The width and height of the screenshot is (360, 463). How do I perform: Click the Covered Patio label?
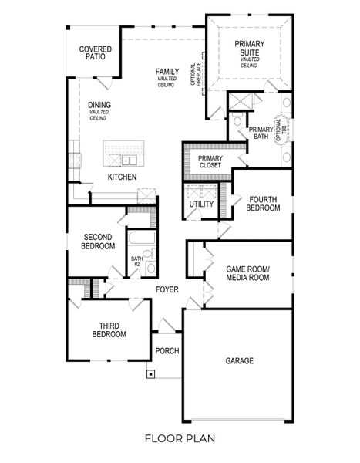pyautogui.click(x=96, y=54)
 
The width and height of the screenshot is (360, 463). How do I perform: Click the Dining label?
pyautogui.click(x=99, y=105)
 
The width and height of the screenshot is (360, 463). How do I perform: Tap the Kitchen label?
pyautogui.click(x=122, y=177)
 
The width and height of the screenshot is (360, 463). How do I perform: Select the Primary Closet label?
pyautogui.click(x=204, y=161)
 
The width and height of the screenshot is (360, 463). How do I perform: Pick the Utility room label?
pyautogui.click(x=201, y=204)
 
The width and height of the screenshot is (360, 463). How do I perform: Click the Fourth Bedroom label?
pyautogui.click(x=262, y=204)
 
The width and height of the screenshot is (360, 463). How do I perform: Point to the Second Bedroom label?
pyautogui.click(x=99, y=242)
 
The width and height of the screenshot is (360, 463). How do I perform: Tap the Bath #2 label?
pyautogui.click(x=136, y=262)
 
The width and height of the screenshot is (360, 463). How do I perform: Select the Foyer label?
pyautogui.click(x=167, y=289)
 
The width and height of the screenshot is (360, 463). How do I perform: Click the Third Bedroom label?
pyautogui.click(x=109, y=330)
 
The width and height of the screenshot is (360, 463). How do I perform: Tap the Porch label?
pyautogui.click(x=167, y=350)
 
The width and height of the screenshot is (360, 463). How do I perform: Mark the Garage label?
pyautogui.click(x=239, y=360)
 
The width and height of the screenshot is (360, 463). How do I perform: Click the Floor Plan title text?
pyautogui.click(x=179, y=438)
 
